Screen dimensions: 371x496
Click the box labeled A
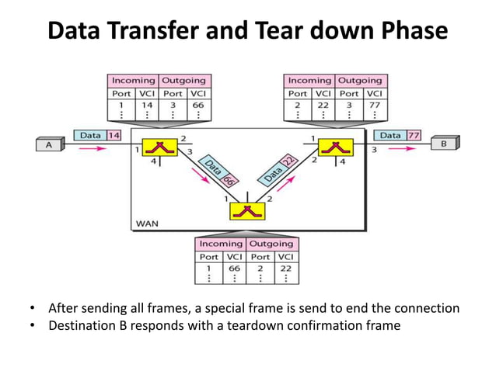(x=50, y=144)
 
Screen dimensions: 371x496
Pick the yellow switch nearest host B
(x=336, y=146)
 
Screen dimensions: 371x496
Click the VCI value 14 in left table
(x=147, y=104)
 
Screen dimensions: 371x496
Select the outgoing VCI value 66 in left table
(x=197, y=104)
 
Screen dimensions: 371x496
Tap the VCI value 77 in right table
(x=374, y=104)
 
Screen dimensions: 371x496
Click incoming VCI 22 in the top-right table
(x=323, y=104)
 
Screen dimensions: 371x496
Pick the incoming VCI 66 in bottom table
(x=234, y=268)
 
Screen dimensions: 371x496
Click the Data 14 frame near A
(x=98, y=135)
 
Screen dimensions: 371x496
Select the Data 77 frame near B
(x=398, y=135)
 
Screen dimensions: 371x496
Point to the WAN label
(x=146, y=224)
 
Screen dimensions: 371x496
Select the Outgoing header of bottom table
(x=272, y=244)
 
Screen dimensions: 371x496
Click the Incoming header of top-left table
(x=134, y=80)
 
